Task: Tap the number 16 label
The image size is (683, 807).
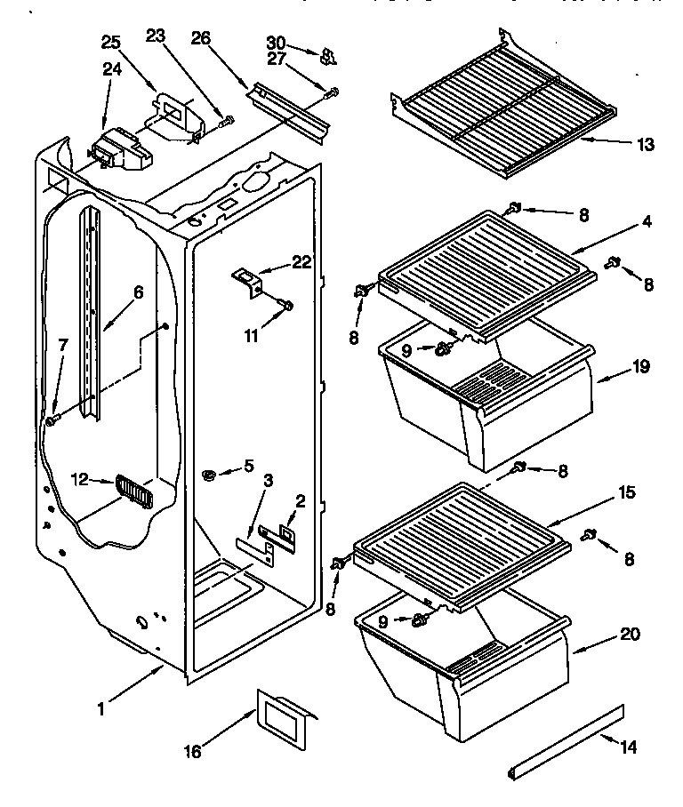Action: pyautogui.click(x=192, y=751)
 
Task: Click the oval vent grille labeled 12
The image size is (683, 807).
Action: pyautogui.click(x=134, y=491)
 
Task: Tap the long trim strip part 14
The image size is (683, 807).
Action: pyautogui.click(x=566, y=733)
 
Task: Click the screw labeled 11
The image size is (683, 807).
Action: pyautogui.click(x=285, y=307)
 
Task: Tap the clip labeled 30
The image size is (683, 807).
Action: pyautogui.click(x=326, y=57)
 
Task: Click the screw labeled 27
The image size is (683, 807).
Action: pyautogui.click(x=332, y=92)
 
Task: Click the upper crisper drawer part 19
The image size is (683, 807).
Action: pyautogui.click(x=480, y=404)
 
